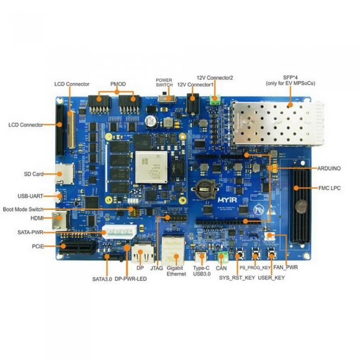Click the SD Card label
click(x=34, y=174)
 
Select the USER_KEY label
click(x=271, y=278)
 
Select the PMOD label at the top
click(x=118, y=84)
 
